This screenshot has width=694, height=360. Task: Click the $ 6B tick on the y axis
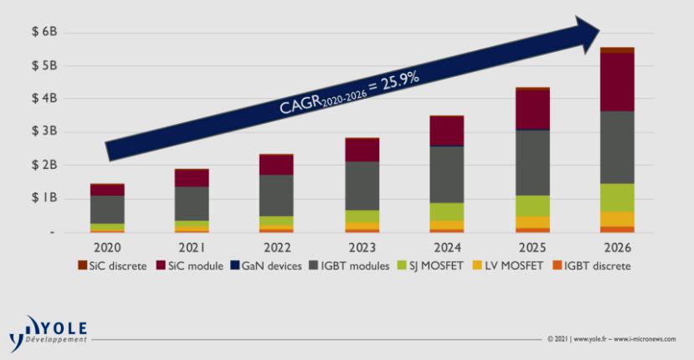pyautogui.click(x=44, y=32)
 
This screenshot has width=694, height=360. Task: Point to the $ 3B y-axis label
pyautogui.click(x=44, y=132)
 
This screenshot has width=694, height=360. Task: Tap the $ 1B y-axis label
pyautogui.click(x=44, y=198)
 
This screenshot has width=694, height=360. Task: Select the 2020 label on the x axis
pyautogui.click(x=107, y=249)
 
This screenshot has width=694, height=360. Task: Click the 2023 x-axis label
pyautogui.click(x=362, y=249)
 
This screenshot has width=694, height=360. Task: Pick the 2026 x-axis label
pyautogui.click(x=616, y=249)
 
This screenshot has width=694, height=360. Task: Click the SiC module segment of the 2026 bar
pyautogui.click(x=616, y=82)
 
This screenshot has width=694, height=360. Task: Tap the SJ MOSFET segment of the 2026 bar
pyautogui.click(x=616, y=198)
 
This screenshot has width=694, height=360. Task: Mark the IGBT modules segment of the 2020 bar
pyautogui.click(x=107, y=209)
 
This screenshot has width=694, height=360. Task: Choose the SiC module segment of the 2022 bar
pyautogui.click(x=277, y=165)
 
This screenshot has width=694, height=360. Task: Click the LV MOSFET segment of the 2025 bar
pyautogui.click(x=532, y=222)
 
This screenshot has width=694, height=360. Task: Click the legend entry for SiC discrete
pyautogui.click(x=114, y=266)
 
